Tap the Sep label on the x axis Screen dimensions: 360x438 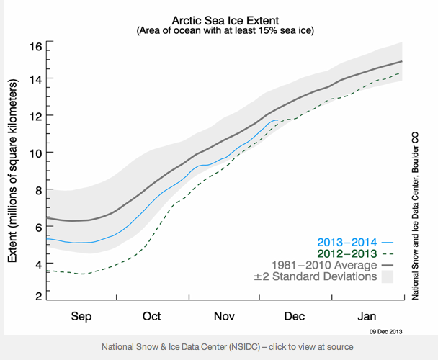coord(81,316)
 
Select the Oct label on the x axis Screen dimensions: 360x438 coord(152,316)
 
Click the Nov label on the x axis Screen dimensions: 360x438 coord(224,316)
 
